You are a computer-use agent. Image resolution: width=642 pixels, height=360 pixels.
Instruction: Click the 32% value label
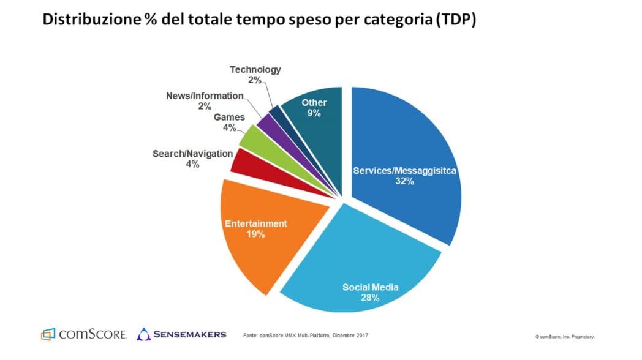405,182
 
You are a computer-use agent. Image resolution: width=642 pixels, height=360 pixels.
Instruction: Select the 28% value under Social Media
370,298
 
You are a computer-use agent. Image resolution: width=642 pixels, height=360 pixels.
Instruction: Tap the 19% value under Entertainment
255,234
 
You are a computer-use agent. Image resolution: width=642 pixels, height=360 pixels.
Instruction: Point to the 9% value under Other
314,114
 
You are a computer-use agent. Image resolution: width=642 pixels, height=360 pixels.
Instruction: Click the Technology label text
255,69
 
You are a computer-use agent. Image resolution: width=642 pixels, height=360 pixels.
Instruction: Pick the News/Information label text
205,96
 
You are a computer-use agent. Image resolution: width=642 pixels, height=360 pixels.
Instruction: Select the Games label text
229,117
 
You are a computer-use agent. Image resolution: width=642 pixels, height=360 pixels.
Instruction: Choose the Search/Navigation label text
192,154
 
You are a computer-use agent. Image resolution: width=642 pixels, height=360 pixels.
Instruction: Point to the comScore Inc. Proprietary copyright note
565,337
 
